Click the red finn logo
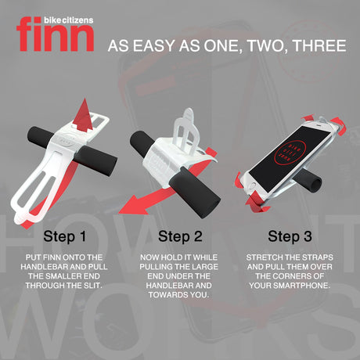[x=56, y=34]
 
